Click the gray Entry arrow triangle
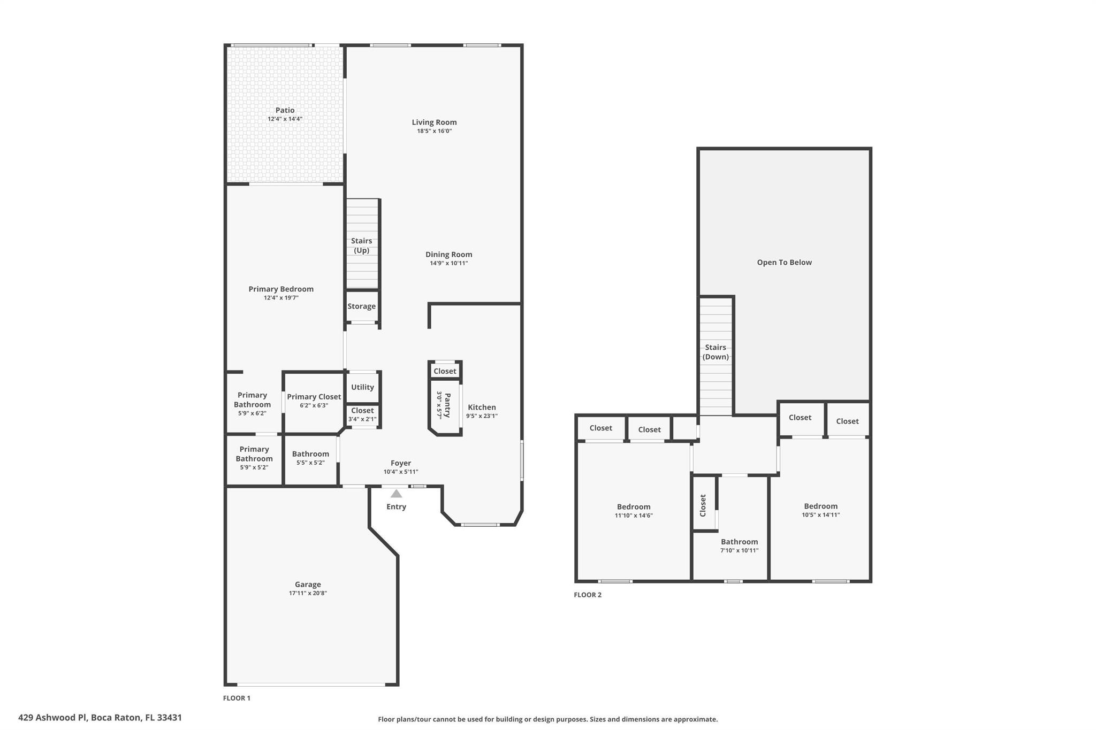point(396,494)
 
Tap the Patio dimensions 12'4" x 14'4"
point(285,119)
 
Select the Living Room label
point(435,122)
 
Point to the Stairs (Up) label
point(362,245)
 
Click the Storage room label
point(362,306)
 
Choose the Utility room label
point(362,387)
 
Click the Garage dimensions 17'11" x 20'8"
point(308,593)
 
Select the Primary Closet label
point(314,397)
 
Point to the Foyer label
point(401,463)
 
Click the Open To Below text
point(785,263)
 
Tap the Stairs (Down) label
point(716,352)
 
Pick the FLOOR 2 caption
point(588,595)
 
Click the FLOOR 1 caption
point(237,698)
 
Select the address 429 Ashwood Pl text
point(52,718)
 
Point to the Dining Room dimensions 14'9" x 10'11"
point(449,263)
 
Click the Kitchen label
point(482,408)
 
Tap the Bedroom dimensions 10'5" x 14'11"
point(821,515)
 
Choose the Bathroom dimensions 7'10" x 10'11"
point(740,550)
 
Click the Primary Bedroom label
point(281,289)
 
